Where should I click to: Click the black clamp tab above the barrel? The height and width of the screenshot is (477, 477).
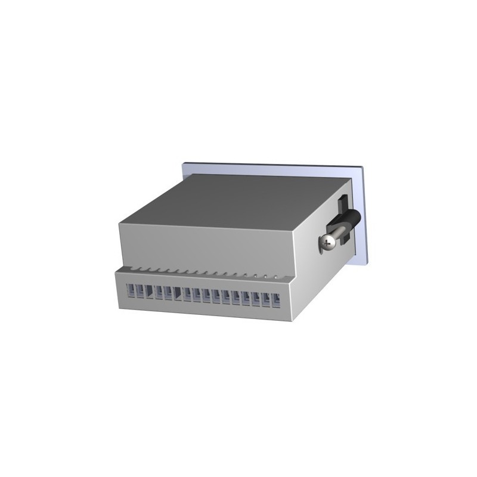tap(345, 205)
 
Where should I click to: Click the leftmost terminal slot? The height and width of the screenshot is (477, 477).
tap(132, 291)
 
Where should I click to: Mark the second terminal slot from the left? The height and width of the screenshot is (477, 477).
tap(141, 292)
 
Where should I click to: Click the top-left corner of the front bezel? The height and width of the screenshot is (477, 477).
tap(182, 161)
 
